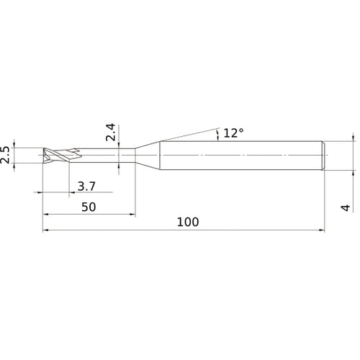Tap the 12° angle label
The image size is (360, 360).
[x=235, y=132]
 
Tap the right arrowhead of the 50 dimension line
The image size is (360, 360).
[x=132, y=215]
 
